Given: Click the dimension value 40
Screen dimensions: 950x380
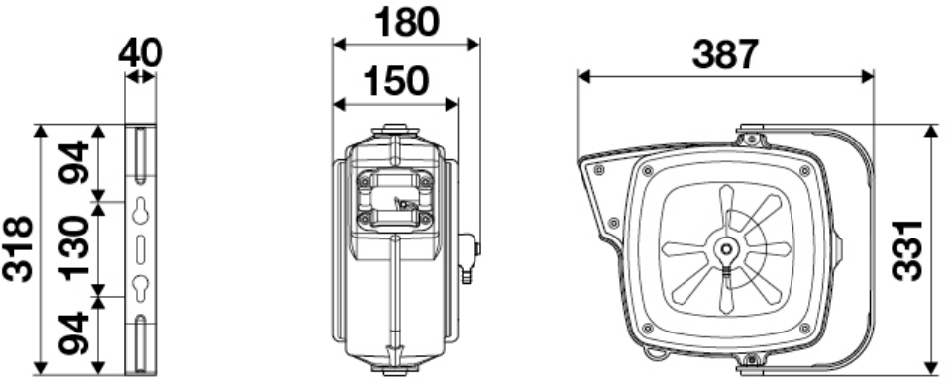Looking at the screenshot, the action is coord(140,52).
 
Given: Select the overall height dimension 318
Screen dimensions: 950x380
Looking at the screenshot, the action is coord(17,248).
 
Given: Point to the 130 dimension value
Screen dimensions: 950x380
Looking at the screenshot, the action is coord(74,247).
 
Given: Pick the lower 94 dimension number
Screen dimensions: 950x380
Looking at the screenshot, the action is coord(74,332).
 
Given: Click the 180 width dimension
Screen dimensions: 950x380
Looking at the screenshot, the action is coord(406,22).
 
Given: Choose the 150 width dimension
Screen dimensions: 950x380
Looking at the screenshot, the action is coord(395,81).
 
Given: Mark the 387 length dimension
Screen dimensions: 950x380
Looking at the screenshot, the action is coord(725,53).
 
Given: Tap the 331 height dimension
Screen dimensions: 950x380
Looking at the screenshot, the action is coord(907,250).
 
